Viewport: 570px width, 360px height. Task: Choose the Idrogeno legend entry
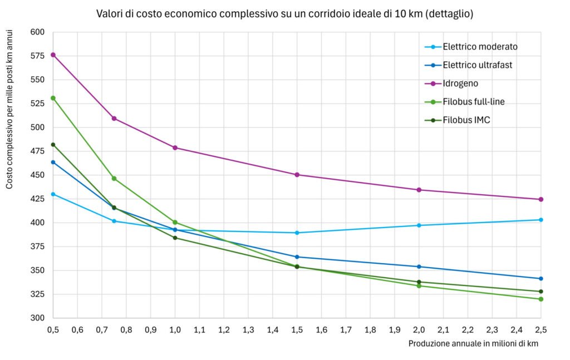tap(460, 83)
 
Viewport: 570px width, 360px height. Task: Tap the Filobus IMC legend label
tap(466, 120)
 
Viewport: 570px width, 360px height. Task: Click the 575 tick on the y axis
tap(37, 56)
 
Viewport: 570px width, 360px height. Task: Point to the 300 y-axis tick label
tap(37, 318)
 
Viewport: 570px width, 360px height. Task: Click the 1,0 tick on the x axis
tap(175, 330)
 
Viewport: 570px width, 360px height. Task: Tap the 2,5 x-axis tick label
tap(540, 330)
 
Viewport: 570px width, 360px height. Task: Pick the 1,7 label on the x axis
tap(346, 330)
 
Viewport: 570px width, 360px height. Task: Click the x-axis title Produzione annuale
tap(473, 343)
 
